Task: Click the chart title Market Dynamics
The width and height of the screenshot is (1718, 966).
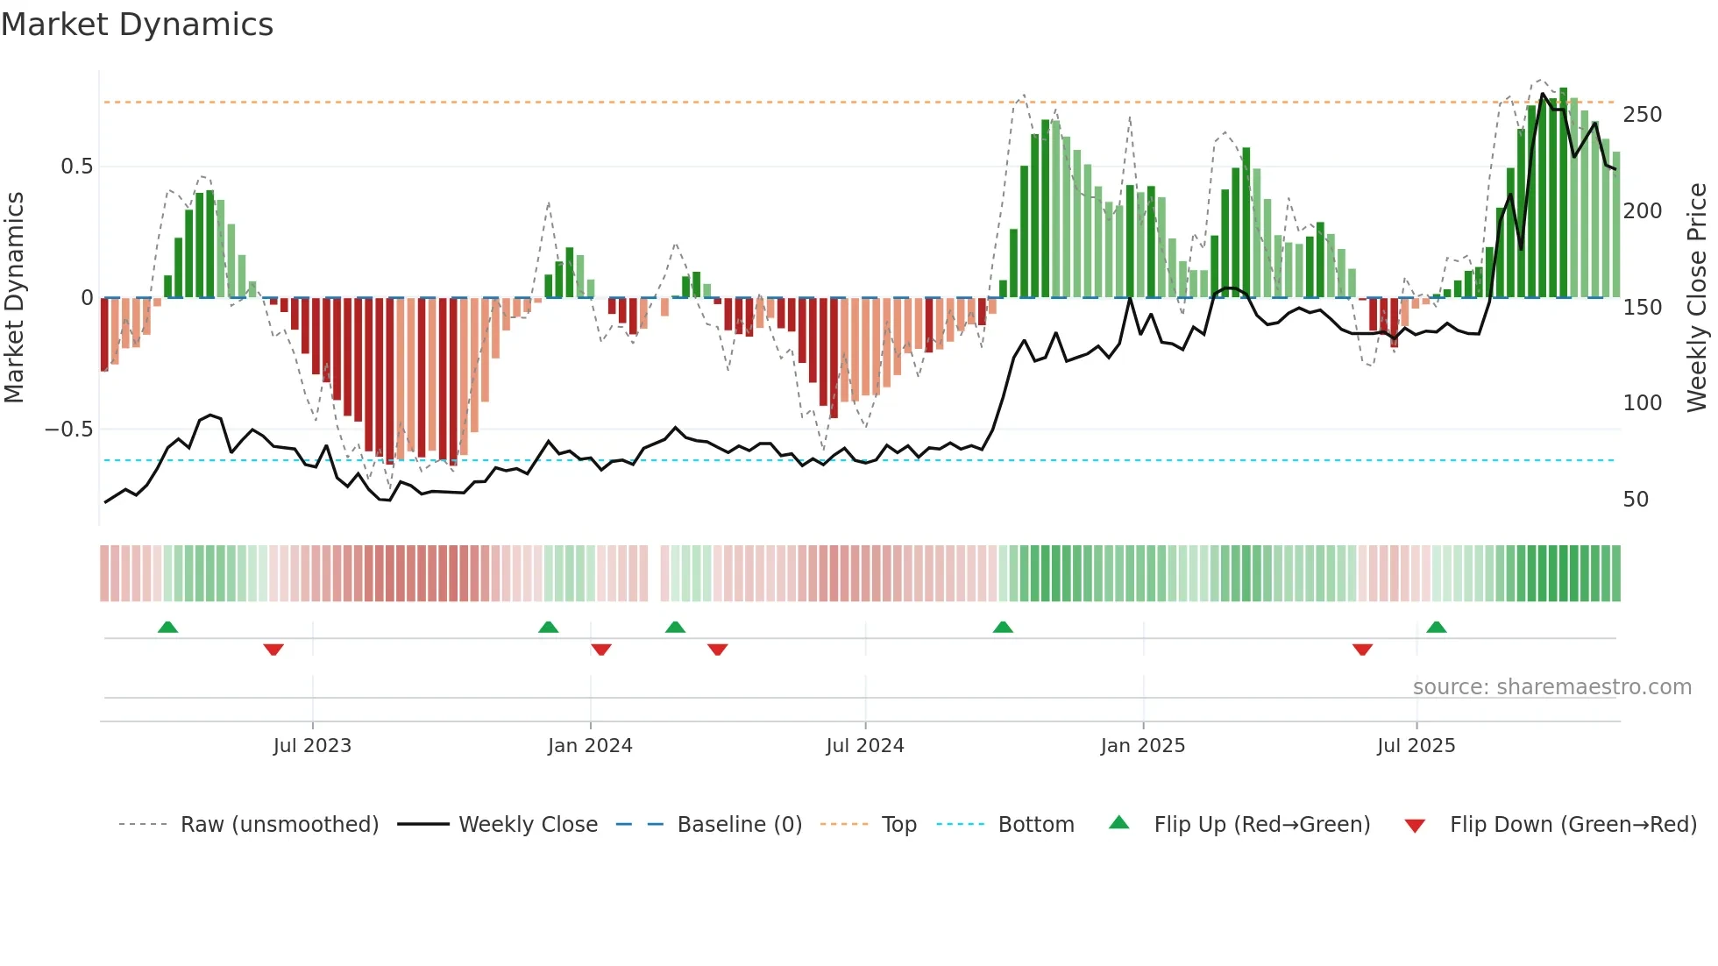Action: (138, 25)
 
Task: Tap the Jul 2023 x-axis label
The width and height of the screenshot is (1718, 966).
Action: (312, 746)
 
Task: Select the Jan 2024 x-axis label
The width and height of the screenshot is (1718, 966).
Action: (590, 746)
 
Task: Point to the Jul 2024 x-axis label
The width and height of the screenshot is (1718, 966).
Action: (865, 746)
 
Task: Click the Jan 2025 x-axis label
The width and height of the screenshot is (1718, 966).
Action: (1143, 746)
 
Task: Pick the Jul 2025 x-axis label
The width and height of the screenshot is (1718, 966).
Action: (1416, 746)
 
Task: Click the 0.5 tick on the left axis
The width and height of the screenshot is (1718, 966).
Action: (76, 167)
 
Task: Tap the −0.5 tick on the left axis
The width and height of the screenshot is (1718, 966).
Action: (69, 430)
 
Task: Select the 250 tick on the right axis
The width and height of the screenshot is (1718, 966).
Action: (1643, 115)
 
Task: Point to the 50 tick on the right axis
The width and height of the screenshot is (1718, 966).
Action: (1636, 500)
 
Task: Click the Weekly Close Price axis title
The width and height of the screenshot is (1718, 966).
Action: (1698, 298)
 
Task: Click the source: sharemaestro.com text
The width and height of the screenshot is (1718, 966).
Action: (1552, 687)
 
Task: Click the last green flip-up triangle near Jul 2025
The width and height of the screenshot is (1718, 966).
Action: (1436, 627)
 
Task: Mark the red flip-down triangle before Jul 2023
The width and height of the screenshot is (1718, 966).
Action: (273, 650)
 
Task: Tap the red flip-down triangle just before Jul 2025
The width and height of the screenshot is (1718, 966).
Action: (1362, 650)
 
